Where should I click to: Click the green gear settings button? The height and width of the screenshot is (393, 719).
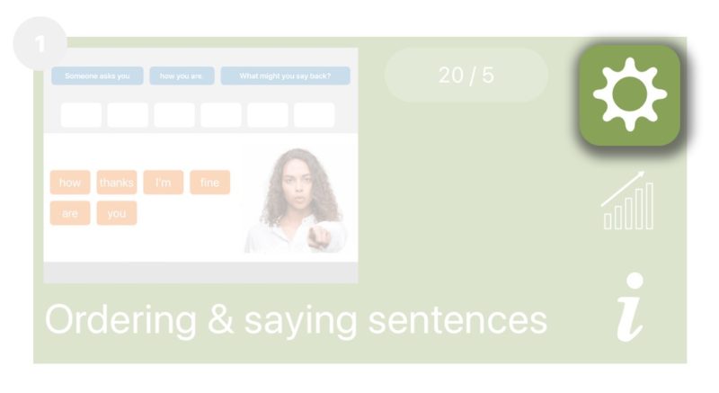(629, 94)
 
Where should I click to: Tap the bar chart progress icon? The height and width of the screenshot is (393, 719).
(628, 201)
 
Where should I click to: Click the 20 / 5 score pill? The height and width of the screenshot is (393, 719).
(466, 75)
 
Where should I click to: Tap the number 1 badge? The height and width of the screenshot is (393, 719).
(40, 43)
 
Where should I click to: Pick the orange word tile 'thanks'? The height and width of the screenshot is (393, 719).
(117, 183)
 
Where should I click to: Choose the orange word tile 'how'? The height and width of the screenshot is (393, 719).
(70, 183)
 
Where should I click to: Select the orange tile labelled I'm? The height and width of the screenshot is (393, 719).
(163, 183)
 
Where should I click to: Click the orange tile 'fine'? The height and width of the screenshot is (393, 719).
(209, 183)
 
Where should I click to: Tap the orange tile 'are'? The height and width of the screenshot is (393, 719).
(70, 213)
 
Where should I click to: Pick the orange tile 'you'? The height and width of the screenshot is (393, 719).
(117, 213)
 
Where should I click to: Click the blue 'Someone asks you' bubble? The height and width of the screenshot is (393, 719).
(97, 76)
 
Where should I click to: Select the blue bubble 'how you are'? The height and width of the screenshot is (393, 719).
(182, 76)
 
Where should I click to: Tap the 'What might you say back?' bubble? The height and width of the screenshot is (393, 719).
(285, 76)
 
